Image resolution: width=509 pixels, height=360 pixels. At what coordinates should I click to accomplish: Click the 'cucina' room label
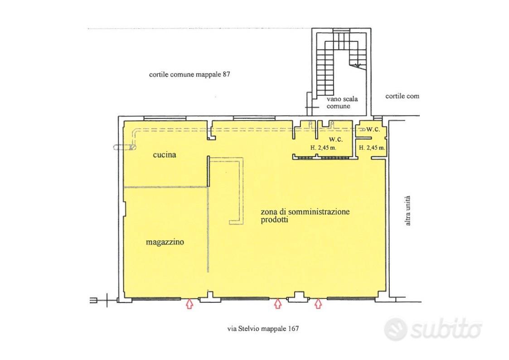[165, 155]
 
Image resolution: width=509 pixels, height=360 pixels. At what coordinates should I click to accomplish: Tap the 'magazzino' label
[165, 242]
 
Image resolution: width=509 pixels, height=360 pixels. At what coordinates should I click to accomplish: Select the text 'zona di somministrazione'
[305, 212]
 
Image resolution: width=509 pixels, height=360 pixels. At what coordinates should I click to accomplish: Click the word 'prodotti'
[275, 220]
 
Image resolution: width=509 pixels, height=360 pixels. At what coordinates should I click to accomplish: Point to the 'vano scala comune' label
[342, 102]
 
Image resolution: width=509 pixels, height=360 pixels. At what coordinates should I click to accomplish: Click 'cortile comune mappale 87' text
[189, 74]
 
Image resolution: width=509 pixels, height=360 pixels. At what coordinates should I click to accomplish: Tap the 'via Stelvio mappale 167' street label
[263, 329]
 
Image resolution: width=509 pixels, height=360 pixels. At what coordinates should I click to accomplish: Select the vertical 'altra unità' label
[408, 210]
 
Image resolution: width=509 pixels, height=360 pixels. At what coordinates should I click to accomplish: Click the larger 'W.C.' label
[336, 140]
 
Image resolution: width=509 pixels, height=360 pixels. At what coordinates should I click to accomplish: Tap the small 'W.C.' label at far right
[373, 130]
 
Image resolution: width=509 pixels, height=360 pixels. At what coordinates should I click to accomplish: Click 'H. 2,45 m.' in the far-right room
[372, 148]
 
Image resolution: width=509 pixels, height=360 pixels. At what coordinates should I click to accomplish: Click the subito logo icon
[395, 329]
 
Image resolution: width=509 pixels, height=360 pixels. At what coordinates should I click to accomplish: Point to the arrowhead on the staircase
[358, 66]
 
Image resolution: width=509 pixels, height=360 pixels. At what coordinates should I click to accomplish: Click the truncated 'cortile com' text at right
[402, 97]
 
